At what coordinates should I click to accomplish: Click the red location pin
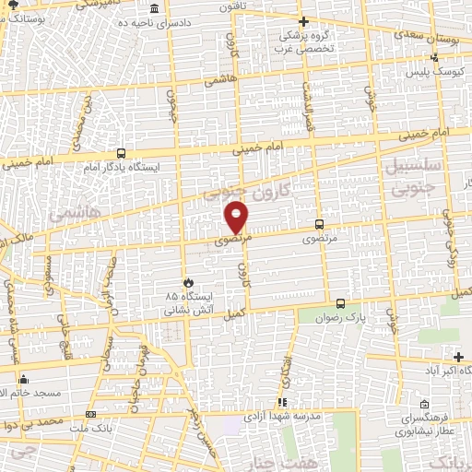[x=237, y=216]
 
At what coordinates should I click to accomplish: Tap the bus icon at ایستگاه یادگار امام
[x=122, y=154]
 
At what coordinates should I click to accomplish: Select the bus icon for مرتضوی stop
[x=319, y=224]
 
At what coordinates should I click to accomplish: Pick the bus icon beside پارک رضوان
[x=340, y=303]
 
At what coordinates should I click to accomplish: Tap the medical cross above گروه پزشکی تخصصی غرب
[x=304, y=20]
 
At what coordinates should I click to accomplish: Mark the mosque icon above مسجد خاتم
[x=23, y=379]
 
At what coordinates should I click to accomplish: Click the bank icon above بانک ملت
[x=89, y=414]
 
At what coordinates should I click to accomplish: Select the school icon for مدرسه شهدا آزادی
[x=282, y=402]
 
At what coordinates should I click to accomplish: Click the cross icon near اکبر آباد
[x=459, y=357]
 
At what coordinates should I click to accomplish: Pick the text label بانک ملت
[x=89, y=430]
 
